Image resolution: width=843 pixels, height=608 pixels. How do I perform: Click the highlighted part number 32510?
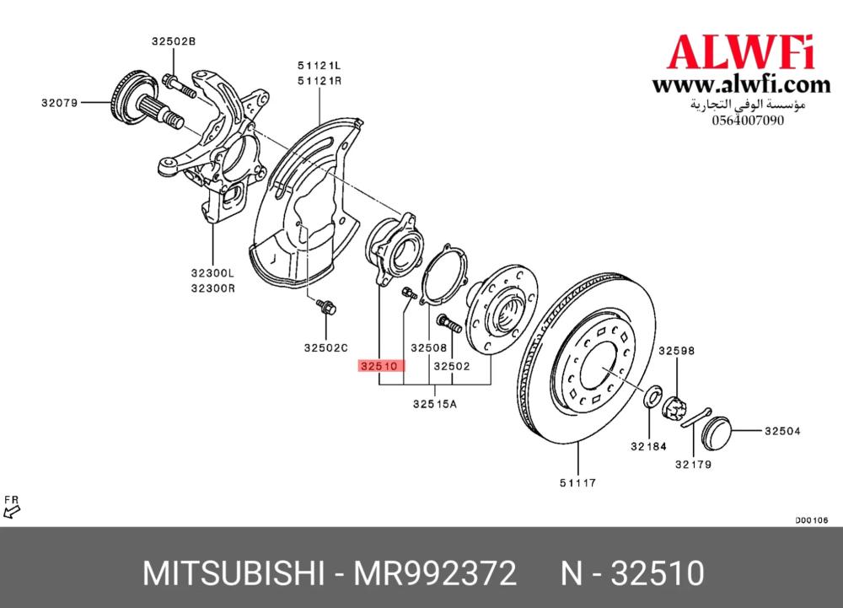click(379, 366)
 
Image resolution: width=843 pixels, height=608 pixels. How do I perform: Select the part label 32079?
click(60, 103)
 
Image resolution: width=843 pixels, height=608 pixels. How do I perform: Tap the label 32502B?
click(174, 41)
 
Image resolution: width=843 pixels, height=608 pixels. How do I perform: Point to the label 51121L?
click(319, 66)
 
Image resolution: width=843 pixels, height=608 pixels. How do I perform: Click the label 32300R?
click(213, 288)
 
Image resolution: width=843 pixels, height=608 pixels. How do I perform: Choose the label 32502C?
click(325, 347)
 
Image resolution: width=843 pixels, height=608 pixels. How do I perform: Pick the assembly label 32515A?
click(435, 404)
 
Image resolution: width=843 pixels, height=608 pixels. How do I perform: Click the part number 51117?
click(578, 482)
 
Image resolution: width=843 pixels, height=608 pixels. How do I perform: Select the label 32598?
click(677, 351)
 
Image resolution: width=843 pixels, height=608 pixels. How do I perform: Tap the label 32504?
click(783, 431)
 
